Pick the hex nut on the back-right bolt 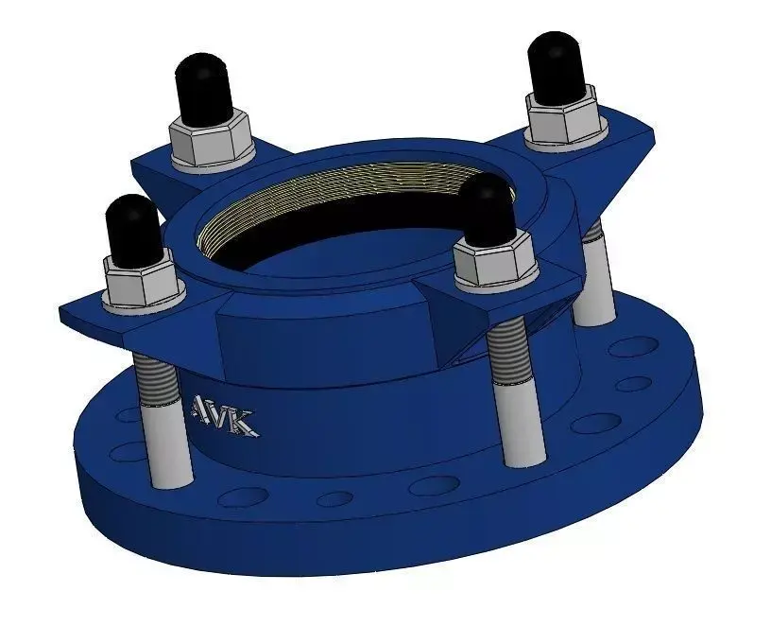point(564,116)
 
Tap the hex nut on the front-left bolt point(143,283)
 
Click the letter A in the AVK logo point(203,409)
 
